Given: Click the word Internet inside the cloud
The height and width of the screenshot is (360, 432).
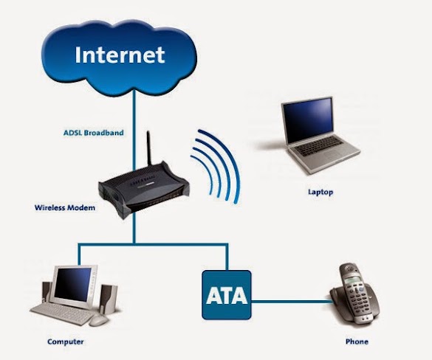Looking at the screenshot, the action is [120, 55].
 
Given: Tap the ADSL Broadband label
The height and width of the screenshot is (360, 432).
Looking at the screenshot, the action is [93, 133].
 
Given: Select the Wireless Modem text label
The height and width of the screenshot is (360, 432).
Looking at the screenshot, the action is [65, 207].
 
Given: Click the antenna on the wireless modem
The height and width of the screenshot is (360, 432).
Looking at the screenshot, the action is [149, 148].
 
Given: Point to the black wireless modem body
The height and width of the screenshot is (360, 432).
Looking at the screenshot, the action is [144, 190].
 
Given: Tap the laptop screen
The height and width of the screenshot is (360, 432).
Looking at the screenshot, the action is [309, 121].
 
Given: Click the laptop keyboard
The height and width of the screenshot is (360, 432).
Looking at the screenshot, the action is [320, 145].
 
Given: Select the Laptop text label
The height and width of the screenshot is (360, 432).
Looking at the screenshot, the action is [320, 192].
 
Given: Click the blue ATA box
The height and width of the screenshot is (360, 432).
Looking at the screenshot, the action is [227, 295].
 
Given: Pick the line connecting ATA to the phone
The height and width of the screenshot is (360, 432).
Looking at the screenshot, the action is [292, 302].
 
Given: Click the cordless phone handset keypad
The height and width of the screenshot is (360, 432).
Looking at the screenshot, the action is [357, 297].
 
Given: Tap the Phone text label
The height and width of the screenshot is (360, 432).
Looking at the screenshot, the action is [357, 342].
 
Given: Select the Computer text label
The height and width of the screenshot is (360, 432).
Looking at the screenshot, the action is [65, 342].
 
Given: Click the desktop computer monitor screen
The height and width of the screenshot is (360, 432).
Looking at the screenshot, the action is [72, 284].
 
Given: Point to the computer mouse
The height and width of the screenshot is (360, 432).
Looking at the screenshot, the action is [99, 320].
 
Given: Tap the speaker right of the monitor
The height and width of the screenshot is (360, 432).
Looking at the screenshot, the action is [108, 300].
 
